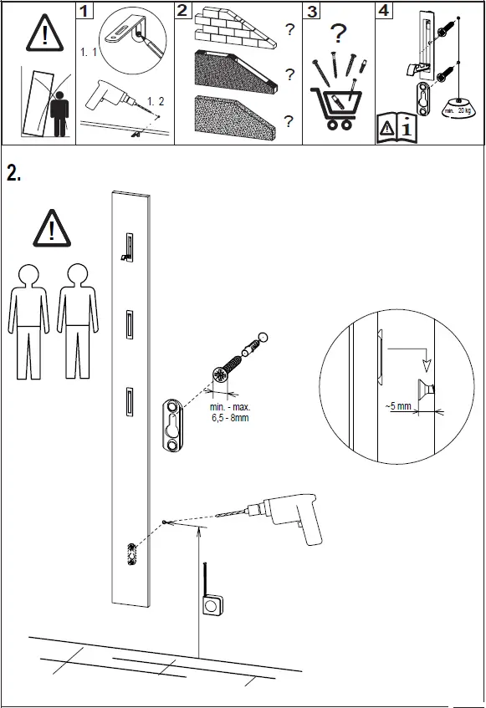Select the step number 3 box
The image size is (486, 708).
[x=312, y=12]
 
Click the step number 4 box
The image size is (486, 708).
[x=382, y=11]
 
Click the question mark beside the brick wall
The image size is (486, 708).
[x=289, y=31]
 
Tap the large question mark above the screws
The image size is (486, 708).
[x=337, y=35]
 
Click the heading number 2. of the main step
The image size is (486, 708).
[x=14, y=173]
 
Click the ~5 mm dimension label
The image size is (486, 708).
[x=398, y=406]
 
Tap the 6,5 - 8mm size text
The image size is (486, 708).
[x=230, y=418]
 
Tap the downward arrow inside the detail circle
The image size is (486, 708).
[x=427, y=364]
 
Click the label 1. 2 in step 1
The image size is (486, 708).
[x=156, y=101]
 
